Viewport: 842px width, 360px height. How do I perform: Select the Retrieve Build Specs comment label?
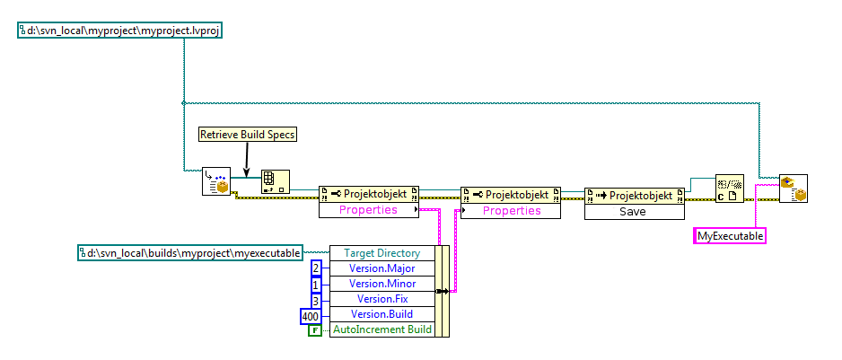[247, 135]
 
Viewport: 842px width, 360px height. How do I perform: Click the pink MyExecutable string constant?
[731, 236]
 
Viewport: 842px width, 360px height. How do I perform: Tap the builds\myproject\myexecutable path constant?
[192, 253]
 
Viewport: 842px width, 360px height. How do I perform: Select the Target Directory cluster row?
[382, 253]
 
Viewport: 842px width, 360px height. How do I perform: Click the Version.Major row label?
[382, 268]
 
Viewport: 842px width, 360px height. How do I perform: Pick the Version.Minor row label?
[382, 284]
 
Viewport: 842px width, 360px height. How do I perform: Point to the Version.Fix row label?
[382, 299]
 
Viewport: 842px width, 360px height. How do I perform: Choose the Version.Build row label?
[382, 314]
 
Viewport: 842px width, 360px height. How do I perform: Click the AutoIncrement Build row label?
[382, 329]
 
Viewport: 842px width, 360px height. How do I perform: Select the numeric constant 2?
[316, 268]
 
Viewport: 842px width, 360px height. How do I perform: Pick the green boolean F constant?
[315, 330]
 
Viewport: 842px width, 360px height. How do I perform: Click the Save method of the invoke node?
[635, 212]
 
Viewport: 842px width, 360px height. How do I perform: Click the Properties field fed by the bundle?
[512, 211]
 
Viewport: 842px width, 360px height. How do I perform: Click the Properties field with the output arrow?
[368, 211]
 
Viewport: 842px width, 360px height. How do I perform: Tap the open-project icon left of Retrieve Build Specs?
[215, 182]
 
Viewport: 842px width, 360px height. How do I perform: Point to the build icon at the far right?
[793, 188]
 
